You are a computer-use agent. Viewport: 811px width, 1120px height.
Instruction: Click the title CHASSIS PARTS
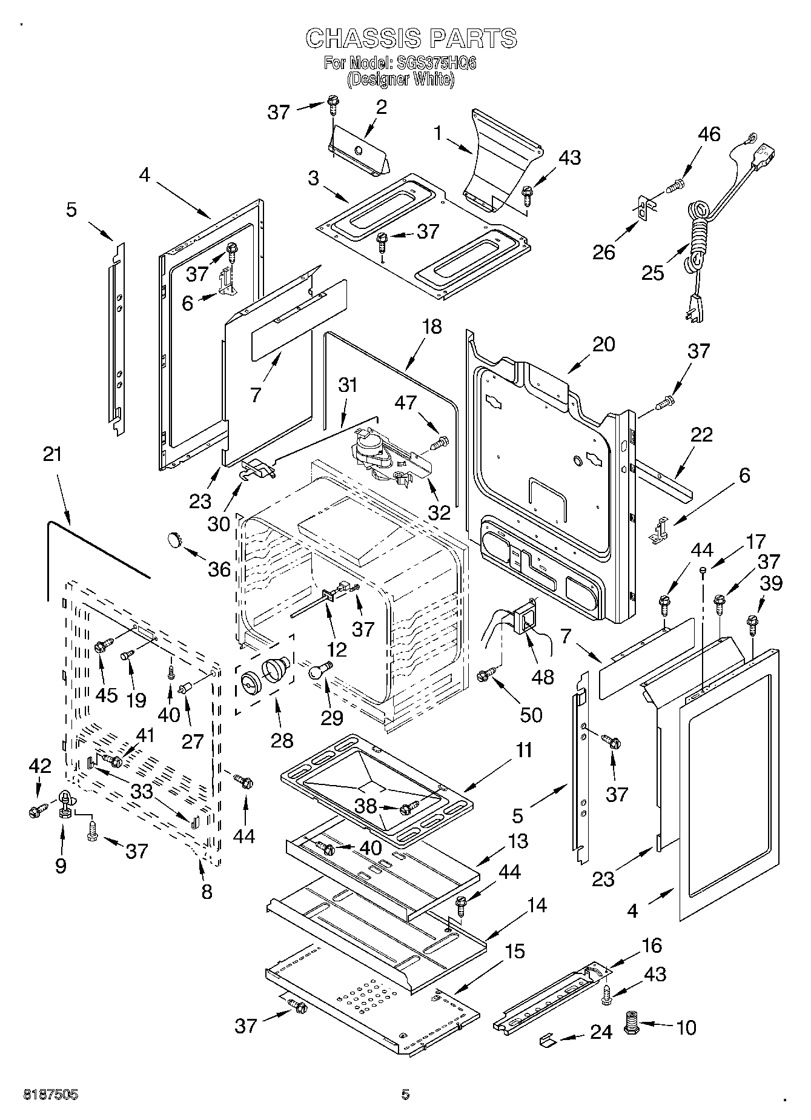pos(411,38)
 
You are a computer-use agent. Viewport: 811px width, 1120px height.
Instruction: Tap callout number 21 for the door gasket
pos(53,454)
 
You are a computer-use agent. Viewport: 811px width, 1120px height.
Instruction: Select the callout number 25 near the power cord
pos(653,273)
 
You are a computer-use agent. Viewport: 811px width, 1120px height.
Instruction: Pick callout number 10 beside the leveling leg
pos(686,1027)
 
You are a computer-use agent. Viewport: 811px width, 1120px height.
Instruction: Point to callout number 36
pos(219,569)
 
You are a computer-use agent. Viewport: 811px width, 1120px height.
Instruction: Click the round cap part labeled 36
pos(175,538)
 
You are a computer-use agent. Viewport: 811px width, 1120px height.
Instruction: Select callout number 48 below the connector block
pos(543,676)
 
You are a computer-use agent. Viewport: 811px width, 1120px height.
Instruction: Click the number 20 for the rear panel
pos(603,344)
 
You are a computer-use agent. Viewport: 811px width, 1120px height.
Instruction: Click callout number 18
pos(432,327)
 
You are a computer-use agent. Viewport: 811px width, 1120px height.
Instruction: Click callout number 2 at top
pos(381,107)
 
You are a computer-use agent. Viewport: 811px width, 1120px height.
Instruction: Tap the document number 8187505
pos(50,1095)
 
